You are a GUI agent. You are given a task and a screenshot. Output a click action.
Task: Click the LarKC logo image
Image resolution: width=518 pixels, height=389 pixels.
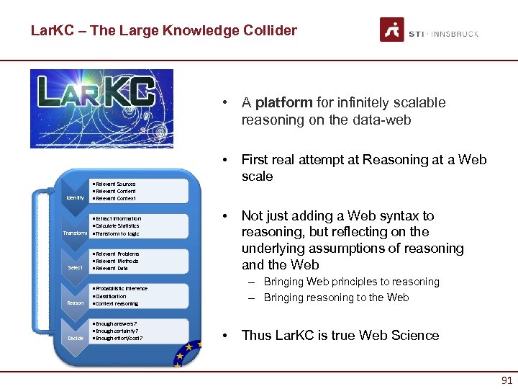click(101, 108)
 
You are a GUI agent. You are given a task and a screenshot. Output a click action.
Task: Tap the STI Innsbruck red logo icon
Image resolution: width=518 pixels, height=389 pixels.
click(392, 30)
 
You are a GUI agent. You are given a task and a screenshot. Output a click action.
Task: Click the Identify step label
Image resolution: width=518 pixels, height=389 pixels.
click(75, 198)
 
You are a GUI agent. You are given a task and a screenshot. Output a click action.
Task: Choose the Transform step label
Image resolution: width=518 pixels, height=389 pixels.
click(75, 233)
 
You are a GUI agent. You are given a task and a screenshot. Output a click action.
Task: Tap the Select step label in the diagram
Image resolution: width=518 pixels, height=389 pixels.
click(75, 268)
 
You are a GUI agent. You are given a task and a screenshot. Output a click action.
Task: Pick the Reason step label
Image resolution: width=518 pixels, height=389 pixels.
click(75, 303)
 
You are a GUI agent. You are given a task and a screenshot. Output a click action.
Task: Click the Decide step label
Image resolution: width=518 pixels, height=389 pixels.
click(75, 338)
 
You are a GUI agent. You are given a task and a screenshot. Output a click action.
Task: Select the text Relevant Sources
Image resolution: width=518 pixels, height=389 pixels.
click(115, 184)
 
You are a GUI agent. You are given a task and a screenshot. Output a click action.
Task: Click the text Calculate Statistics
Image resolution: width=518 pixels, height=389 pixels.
click(117, 226)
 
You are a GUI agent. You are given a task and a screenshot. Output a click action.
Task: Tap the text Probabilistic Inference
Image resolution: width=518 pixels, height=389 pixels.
click(121, 289)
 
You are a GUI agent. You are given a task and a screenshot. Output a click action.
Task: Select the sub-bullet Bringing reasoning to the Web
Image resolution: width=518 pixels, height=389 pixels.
click(336, 298)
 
